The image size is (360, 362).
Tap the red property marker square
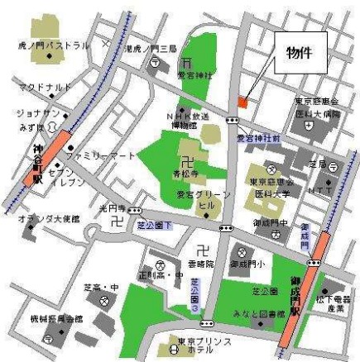click(x=242, y=102)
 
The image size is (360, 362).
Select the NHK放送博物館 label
click(x=188, y=121)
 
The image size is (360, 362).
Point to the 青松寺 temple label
click(x=186, y=175)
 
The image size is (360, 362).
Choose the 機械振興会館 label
click(x=56, y=317)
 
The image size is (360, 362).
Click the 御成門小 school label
click(x=247, y=264)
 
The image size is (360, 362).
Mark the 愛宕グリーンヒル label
click(x=197, y=199)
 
